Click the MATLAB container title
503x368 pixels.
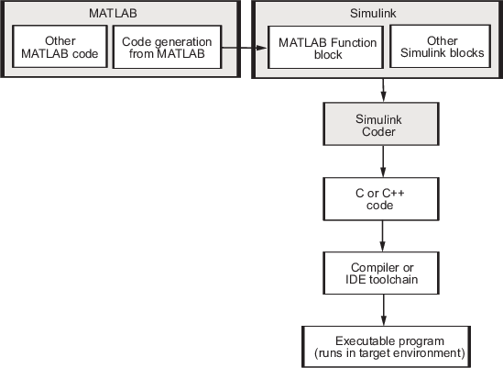pos(113,14)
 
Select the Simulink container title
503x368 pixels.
pos(373,14)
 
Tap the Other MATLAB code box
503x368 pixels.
pos(60,47)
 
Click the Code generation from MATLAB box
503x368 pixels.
pos(167,47)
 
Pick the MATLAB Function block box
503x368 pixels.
pos(325,48)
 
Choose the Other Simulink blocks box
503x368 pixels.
pos(440,47)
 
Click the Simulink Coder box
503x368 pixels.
pos(381,124)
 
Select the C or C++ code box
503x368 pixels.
pos(381,199)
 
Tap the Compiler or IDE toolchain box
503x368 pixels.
pos(381,273)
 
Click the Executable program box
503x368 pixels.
pos(387,347)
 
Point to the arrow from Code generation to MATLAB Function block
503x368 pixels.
pos(245,48)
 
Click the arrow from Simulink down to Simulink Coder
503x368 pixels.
pos(383,90)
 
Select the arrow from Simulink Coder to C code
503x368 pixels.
pos(383,162)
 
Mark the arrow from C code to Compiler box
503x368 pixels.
pos(382,236)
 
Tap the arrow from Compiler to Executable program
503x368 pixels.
pos(383,310)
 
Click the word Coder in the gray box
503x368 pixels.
pos(378,132)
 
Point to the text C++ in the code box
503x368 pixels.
pos(393,193)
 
